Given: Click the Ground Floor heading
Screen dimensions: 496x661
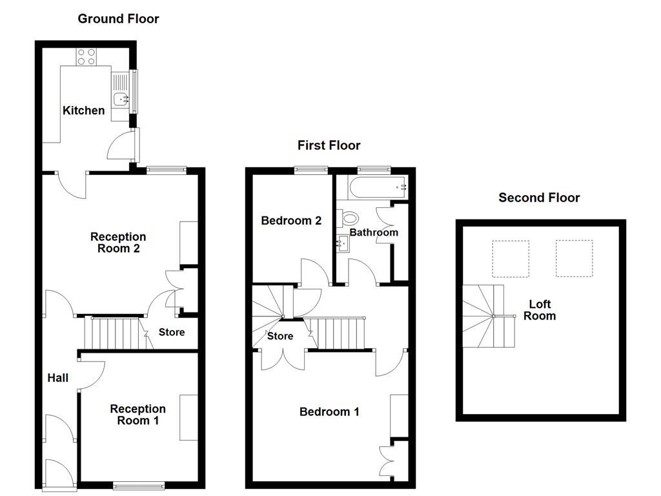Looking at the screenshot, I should coord(118,19).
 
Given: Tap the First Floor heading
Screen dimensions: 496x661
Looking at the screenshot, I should coord(329,145).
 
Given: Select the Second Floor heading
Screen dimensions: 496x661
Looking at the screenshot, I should coord(539,198).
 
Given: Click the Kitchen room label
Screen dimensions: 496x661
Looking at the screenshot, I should coord(83,110).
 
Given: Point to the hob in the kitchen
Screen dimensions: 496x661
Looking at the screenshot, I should coord(86,57).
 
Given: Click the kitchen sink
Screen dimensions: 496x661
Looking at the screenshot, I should coord(120,99).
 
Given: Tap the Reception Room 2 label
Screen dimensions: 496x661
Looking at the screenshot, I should coord(118,243).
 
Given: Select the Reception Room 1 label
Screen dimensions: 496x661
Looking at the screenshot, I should coord(137,415).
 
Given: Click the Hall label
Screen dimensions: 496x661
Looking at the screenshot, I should coord(58,378).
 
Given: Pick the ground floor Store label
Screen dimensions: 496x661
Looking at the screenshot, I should coord(172,332).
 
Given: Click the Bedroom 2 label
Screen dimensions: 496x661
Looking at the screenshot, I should coord(291,220).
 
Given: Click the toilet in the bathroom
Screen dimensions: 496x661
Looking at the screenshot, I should coord(350,217).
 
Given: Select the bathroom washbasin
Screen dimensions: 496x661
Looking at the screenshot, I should coord(342,243).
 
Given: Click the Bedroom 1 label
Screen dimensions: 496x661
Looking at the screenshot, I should coord(329,411).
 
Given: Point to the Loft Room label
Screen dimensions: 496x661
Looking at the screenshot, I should coord(539,310).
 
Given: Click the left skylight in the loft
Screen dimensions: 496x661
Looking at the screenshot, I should coord(511,259).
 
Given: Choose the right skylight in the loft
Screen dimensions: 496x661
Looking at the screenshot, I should coord(574,259).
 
